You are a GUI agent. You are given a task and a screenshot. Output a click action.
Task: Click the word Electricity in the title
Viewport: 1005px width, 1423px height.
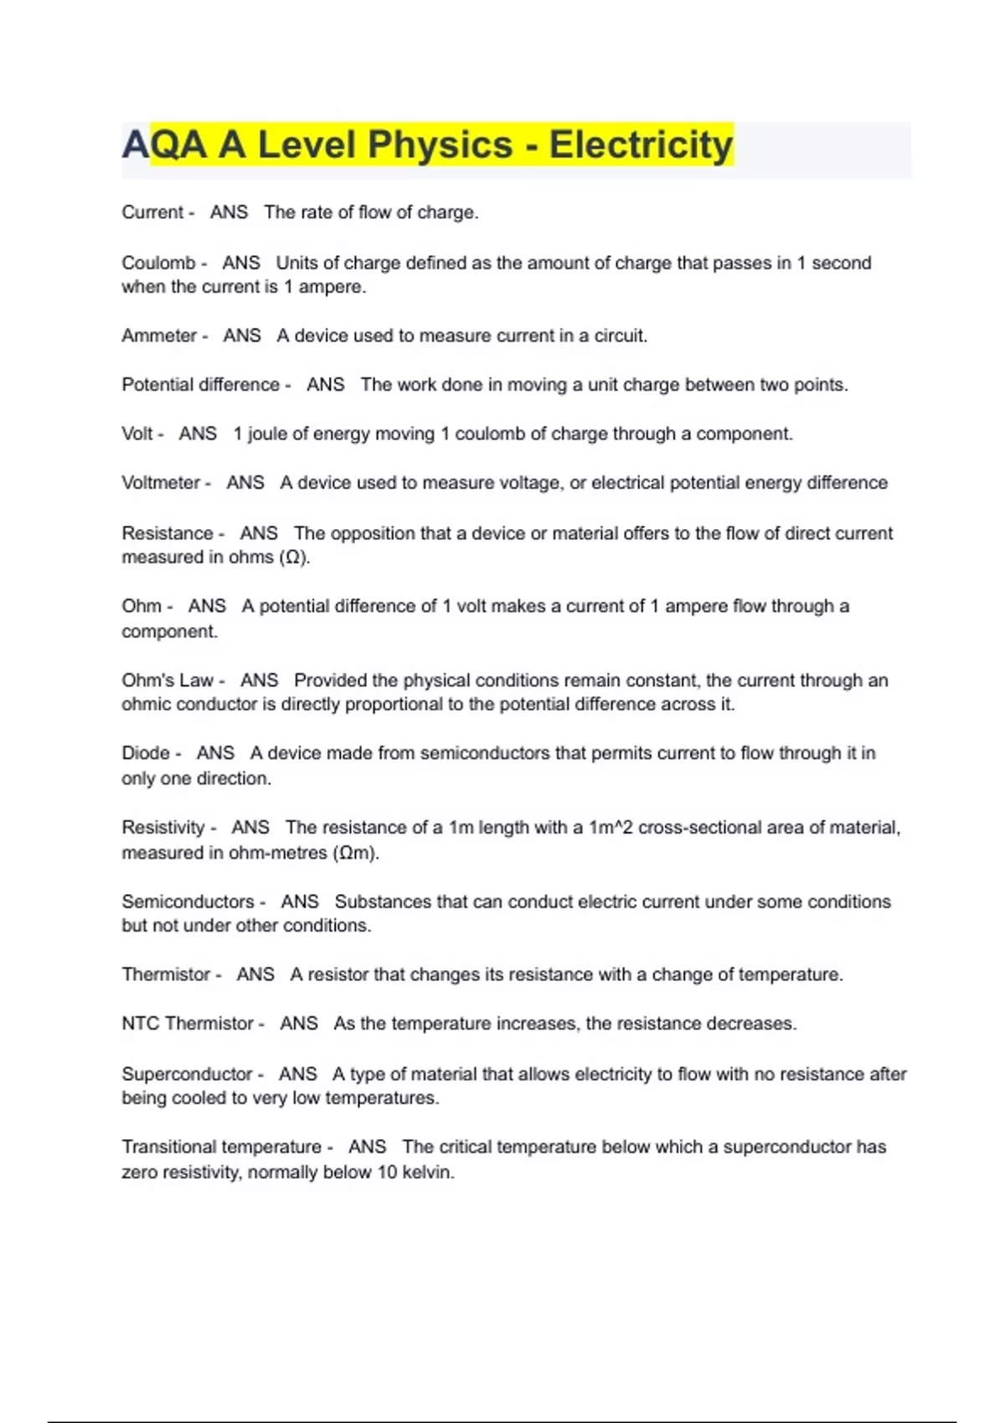(x=641, y=145)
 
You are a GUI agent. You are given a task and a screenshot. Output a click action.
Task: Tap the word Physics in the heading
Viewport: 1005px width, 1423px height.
(x=440, y=145)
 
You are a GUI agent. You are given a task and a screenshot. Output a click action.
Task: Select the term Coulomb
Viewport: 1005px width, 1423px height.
(x=158, y=263)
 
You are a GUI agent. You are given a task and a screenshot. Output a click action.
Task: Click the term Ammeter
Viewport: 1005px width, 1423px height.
(x=159, y=336)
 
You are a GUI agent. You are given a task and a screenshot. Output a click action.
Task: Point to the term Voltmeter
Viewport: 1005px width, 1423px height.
(x=161, y=483)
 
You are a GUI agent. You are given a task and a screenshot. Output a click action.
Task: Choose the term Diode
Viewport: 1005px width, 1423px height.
(x=146, y=753)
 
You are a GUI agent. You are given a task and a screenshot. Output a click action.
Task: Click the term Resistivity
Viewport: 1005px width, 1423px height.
(x=163, y=828)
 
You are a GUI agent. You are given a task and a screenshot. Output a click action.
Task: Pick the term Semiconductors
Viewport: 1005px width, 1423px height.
(x=188, y=902)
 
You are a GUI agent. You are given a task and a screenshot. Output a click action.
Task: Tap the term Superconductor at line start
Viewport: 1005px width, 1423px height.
(x=187, y=1074)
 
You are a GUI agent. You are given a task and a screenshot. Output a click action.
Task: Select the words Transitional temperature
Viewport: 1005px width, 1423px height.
(x=221, y=1147)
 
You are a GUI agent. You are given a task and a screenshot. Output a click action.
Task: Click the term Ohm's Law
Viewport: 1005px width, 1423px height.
(x=167, y=681)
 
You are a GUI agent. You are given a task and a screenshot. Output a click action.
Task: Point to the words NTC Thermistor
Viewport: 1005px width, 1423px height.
(x=188, y=1024)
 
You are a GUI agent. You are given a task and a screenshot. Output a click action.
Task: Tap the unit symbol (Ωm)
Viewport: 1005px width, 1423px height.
(x=356, y=853)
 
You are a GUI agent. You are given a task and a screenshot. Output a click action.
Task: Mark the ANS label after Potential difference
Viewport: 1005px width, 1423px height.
(x=326, y=385)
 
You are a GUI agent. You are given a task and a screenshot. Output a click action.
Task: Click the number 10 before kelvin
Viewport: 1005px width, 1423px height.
(x=387, y=1172)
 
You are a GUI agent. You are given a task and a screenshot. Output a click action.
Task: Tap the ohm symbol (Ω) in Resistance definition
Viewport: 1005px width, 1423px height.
(x=294, y=557)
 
